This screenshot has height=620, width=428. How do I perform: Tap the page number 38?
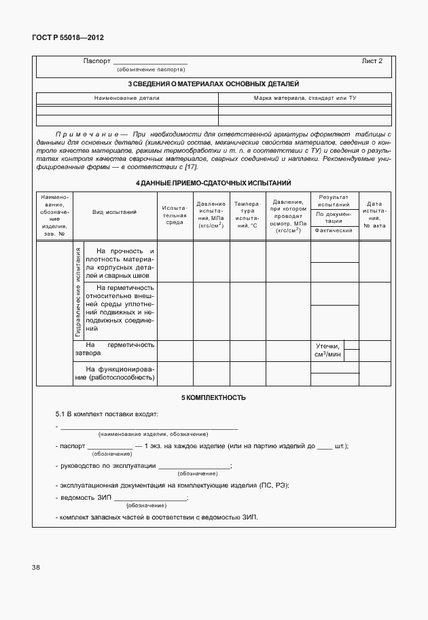[35, 567]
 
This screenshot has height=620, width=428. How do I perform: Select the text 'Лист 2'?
[372, 61]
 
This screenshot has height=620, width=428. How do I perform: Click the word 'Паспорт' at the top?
[96, 61]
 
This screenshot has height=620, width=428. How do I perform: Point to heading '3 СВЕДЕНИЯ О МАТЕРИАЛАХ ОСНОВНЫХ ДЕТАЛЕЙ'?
[213, 84]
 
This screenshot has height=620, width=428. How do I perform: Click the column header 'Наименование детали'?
[127, 98]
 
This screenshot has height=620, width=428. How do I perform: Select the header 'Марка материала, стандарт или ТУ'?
[305, 98]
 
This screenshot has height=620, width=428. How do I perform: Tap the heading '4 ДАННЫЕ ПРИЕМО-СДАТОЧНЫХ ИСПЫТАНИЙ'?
[213, 183]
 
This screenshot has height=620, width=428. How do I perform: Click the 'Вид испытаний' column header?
[115, 213]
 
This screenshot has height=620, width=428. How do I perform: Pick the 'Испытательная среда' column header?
[175, 214]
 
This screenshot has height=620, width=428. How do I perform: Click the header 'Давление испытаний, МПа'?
[211, 215]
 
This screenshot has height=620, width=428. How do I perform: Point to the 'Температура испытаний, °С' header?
[247, 215]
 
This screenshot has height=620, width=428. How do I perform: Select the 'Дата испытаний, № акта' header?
[374, 215]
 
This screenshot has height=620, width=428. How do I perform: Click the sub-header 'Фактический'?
[334, 231]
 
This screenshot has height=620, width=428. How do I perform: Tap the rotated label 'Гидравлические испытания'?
[78, 292]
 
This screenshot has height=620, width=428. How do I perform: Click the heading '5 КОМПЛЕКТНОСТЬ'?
[213, 397]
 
